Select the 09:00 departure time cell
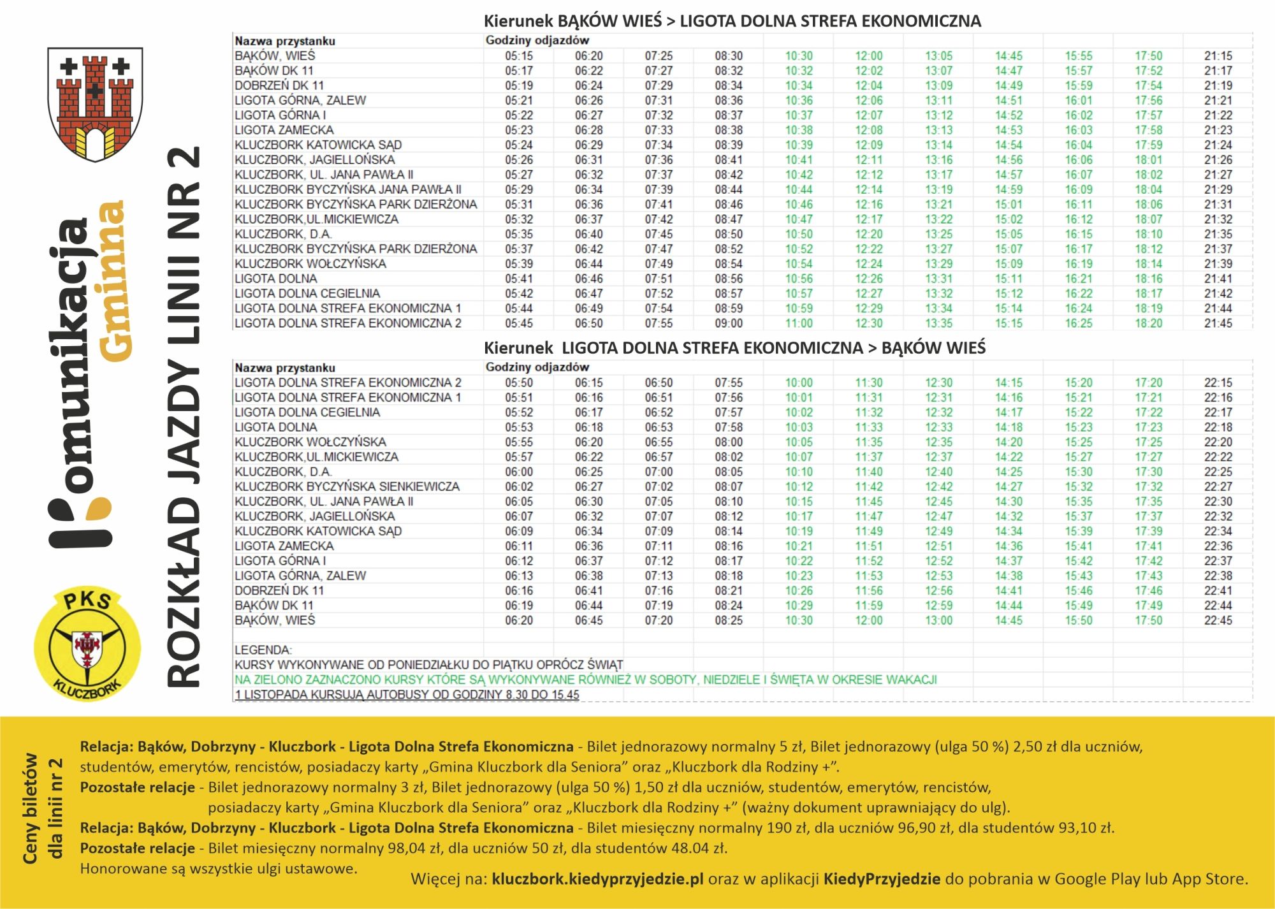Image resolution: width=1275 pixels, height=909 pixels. [x=728, y=323]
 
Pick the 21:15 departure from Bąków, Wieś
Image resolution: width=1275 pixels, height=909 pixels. [x=1218, y=56]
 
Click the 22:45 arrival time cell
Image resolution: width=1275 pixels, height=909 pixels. [x=1218, y=620]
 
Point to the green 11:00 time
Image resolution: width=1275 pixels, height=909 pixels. [x=798, y=323]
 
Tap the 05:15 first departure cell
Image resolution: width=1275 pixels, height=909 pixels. [x=518, y=56]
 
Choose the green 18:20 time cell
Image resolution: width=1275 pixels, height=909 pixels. [x=1148, y=323]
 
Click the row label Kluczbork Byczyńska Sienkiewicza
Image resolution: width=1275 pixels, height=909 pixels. [x=347, y=486]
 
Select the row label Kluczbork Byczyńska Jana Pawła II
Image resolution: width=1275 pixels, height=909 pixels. [x=347, y=189]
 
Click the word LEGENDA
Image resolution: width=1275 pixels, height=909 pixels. [x=263, y=650]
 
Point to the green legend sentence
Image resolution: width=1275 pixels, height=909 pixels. [x=585, y=680]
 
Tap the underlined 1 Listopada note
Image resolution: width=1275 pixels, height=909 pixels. [x=407, y=695]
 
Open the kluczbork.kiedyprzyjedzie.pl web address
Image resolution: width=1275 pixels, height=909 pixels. [x=597, y=879]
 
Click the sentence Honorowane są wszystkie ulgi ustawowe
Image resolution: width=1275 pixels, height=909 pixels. [x=218, y=868]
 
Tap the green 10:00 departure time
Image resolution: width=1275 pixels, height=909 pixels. [x=798, y=382]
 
